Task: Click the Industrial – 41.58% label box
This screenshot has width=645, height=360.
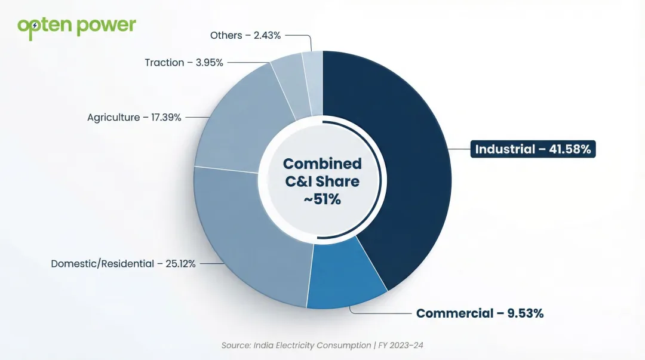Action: [x=533, y=149]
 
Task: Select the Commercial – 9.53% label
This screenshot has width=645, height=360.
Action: [x=480, y=313]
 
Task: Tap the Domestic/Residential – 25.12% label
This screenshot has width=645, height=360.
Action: [x=123, y=263]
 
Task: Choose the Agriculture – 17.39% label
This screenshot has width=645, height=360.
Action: [x=134, y=118]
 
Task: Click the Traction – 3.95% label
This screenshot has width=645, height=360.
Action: [x=184, y=62]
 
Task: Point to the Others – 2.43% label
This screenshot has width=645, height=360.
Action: [x=245, y=35]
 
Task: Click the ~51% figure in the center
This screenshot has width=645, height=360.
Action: [x=322, y=200]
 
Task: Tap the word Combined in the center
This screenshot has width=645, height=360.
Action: [x=322, y=164]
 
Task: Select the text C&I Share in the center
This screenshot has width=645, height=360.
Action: [x=322, y=181]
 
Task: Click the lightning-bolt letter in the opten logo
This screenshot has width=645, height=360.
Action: [x=35, y=26]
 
